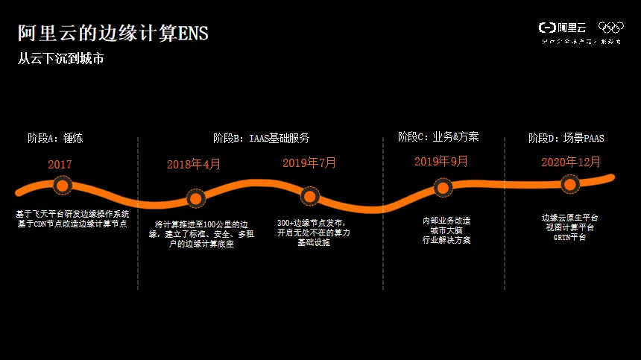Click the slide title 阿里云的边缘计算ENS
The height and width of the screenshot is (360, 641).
113,33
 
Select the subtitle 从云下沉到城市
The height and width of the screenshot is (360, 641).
60,59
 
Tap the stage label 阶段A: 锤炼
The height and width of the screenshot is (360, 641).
60,139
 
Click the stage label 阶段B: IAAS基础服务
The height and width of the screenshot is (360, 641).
261,138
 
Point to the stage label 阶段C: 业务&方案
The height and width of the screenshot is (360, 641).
438,137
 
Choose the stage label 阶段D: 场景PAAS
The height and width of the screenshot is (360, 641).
566,139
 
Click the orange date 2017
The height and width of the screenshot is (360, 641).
60,164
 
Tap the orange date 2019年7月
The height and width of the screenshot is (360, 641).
309,162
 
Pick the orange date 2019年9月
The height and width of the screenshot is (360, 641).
441,162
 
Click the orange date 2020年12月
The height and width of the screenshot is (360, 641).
571,162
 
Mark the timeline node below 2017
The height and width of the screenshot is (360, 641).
62,185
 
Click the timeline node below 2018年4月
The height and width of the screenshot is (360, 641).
195,198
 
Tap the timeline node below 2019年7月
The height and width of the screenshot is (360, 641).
309,196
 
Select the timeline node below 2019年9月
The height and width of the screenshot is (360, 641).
443,188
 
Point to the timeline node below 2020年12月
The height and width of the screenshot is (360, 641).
570,183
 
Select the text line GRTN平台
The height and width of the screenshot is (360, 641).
569,238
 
